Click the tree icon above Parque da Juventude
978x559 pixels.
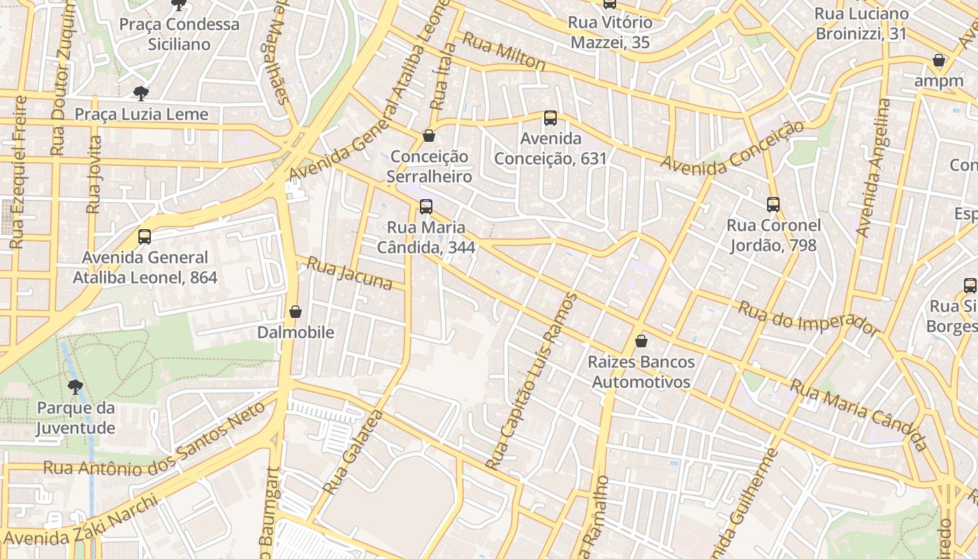[75, 386]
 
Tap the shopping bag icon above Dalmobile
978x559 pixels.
[295, 312]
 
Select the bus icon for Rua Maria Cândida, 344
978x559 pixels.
[426, 207]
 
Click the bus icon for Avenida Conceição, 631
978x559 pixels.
[550, 118]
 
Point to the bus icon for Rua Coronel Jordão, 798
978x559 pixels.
[773, 205]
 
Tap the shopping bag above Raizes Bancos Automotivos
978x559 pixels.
[641, 342]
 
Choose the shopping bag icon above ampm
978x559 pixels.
[939, 61]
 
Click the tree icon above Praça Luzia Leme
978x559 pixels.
[141, 93]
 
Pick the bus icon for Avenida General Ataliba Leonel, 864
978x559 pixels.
[145, 237]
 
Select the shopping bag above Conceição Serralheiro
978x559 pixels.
[429, 136]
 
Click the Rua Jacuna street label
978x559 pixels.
[350, 273]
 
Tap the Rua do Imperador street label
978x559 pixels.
[808, 319]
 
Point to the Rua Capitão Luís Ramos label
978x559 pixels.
[532, 382]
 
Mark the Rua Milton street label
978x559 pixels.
[504, 51]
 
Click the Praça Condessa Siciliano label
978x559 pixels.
[179, 34]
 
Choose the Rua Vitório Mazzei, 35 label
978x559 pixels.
[610, 32]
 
